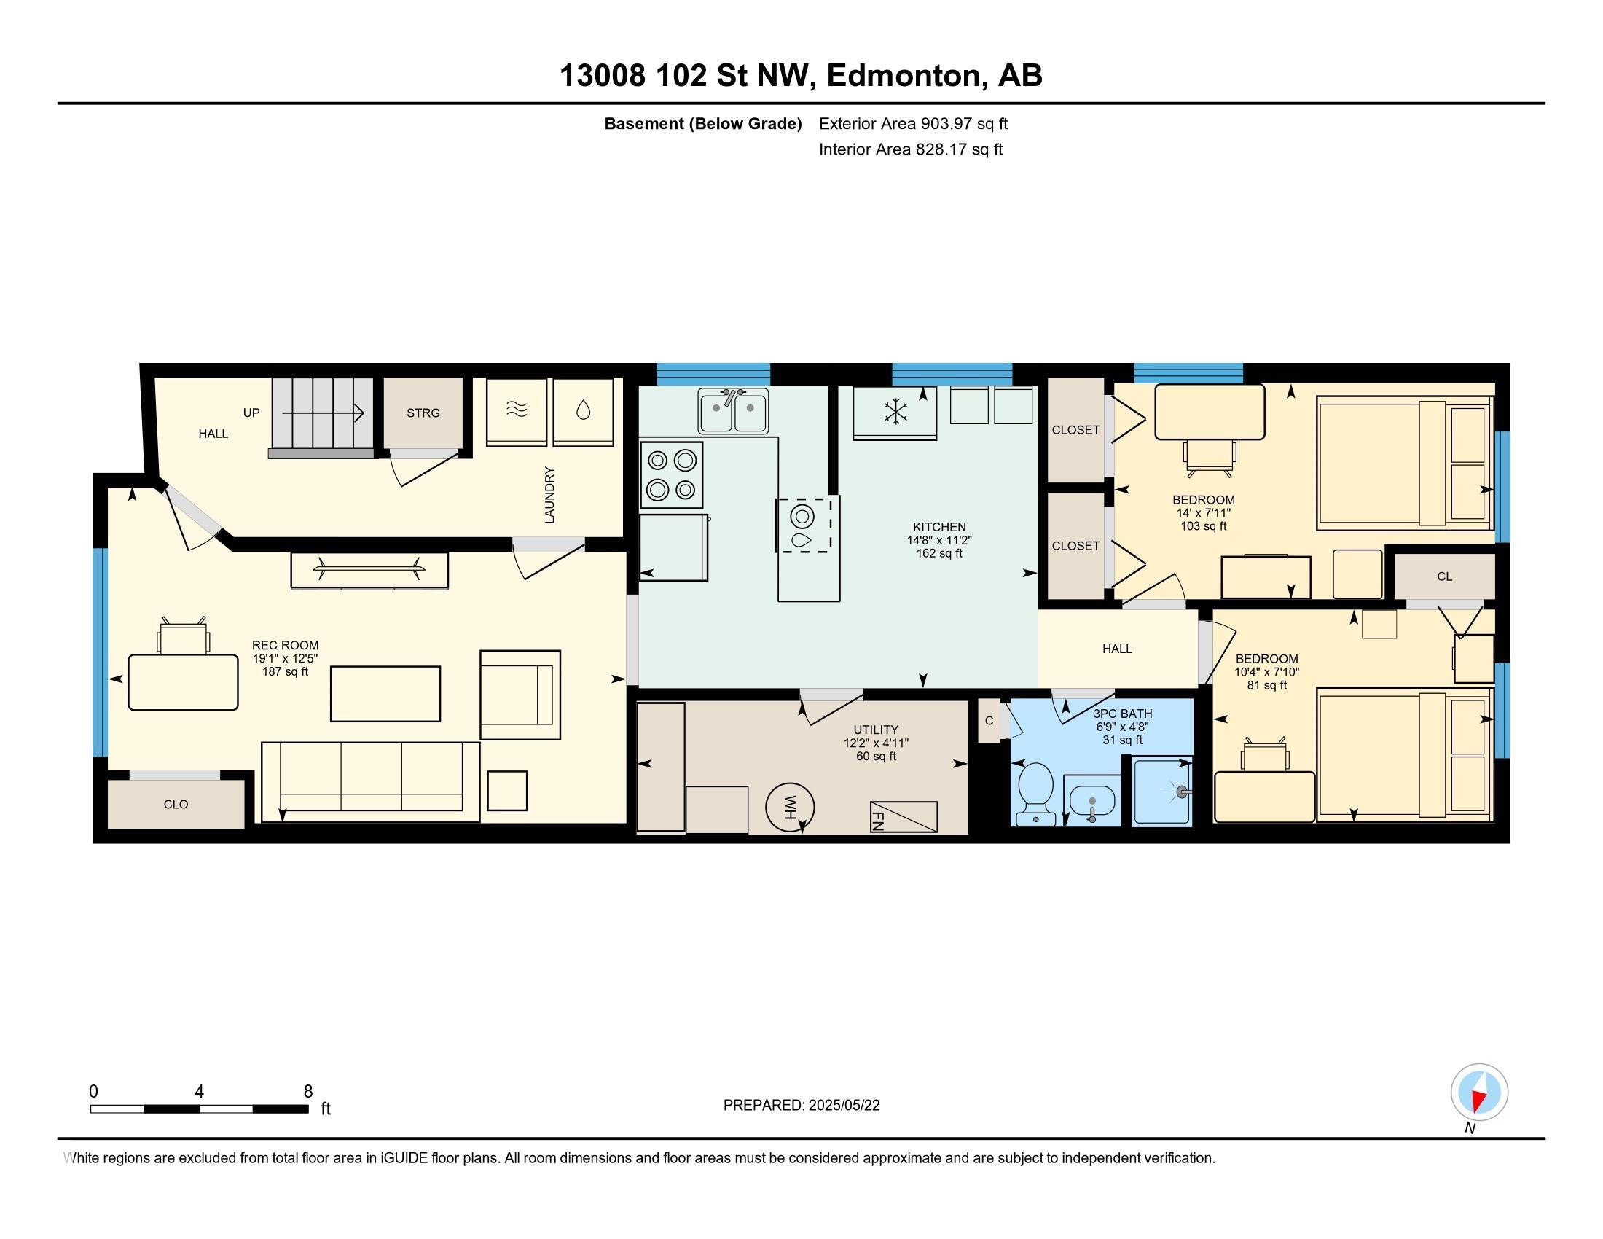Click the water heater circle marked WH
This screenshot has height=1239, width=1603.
790,808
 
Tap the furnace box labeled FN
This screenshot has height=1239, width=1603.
904,817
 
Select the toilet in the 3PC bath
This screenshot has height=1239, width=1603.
1035,793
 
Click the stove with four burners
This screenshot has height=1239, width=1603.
671,475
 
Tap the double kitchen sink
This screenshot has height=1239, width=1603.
732,411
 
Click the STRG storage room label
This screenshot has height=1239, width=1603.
423,413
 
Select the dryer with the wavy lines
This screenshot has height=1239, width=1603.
517,412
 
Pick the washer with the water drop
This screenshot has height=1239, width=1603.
583,412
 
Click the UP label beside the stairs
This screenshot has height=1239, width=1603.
251,413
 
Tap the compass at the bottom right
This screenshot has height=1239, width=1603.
1479,1092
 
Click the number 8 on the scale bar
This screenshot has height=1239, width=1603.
308,1091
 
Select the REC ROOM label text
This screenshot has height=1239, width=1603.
286,646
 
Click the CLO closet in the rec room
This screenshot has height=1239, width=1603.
176,805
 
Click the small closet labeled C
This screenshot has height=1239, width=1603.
989,721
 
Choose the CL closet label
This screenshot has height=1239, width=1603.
1444,577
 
